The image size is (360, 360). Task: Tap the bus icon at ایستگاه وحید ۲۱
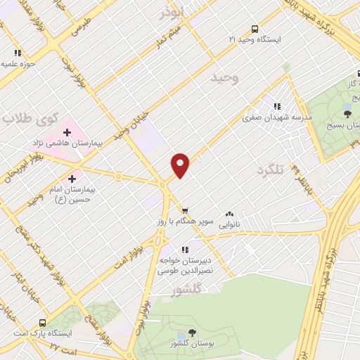pos(255,30)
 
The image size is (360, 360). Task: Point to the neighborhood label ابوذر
pos(172,13)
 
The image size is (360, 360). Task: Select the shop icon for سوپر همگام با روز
pos(185,210)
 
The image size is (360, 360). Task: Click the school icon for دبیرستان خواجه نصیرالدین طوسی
pos(185,249)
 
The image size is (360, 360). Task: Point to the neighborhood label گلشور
pos(187,289)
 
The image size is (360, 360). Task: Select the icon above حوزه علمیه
pos(18,53)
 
